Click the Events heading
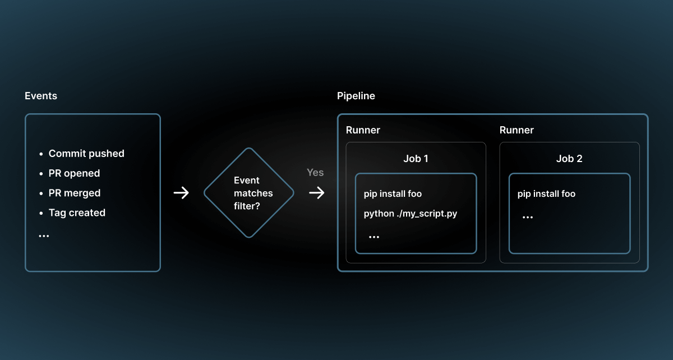pos(41,96)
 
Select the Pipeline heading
pos(356,96)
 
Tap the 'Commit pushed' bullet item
pos(86,154)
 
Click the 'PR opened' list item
pos(74,173)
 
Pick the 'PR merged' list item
pos(75,193)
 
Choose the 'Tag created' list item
pos(77,213)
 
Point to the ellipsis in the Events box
pos(44,236)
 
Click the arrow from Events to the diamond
pos(181,193)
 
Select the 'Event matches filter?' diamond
pos(248,193)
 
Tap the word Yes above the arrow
pos(315,173)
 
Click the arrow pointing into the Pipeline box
pos(317,193)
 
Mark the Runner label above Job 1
pos(363,130)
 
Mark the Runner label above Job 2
pos(517,130)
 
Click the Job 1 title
pos(416,159)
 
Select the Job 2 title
pos(569,159)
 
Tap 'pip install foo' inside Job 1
pos(393,194)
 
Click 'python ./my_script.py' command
pos(411,214)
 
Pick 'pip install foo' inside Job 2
pos(546,194)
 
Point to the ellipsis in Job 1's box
pos(374,237)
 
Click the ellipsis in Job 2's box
pos(528,217)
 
